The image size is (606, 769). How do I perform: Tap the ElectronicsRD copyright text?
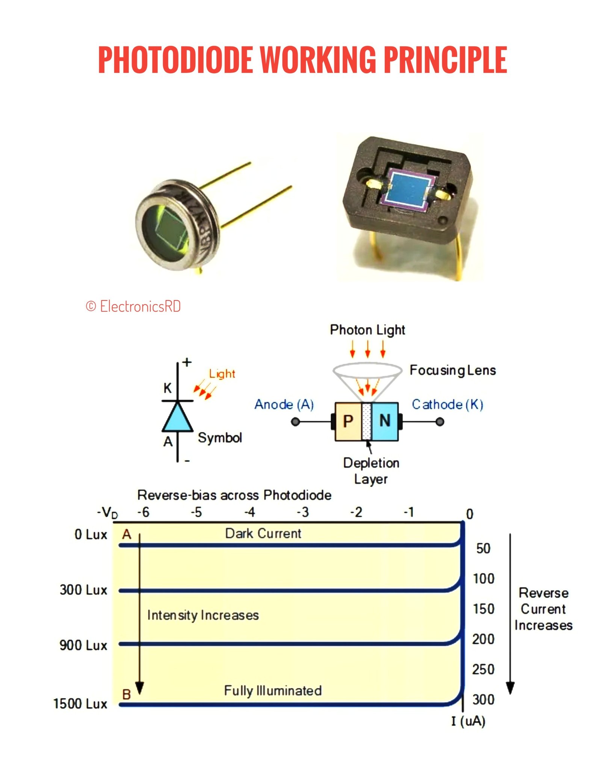click(133, 306)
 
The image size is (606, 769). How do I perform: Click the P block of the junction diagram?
click(348, 421)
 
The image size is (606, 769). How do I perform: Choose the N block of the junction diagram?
click(385, 421)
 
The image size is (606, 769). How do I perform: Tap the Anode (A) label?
click(284, 404)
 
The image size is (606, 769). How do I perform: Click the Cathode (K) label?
click(447, 404)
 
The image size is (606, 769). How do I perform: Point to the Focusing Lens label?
click(453, 370)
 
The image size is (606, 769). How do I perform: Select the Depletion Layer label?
click(371, 471)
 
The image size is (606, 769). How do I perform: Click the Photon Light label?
click(367, 330)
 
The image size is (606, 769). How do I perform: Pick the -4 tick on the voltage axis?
click(250, 512)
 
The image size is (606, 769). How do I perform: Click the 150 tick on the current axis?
click(484, 609)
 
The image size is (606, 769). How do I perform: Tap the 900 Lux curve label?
click(83, 645)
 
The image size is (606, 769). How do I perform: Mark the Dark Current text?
click(263, 534)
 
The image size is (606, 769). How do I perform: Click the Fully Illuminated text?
click(273, 691)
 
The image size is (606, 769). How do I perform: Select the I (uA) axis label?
click(468, 721)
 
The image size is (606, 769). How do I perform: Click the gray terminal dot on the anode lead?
click(296, 422)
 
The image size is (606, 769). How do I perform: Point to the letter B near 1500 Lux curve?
click(127, 694)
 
